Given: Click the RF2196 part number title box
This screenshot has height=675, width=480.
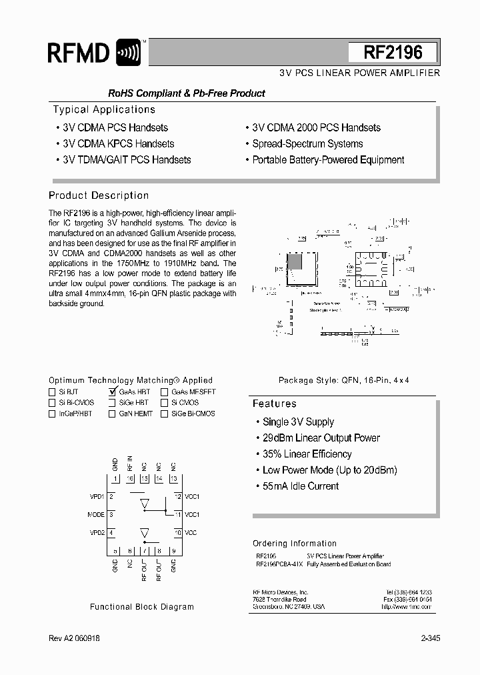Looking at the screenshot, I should click(393, 53).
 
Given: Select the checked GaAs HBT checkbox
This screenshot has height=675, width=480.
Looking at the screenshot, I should click(112, 392).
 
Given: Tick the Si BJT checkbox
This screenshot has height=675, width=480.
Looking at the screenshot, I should click(52, 392).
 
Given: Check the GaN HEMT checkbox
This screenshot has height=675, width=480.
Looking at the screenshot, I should click(112, 414).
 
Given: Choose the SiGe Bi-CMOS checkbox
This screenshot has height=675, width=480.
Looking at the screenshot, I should click(164, 414).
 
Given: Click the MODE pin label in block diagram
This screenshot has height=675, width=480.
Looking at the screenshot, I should click(96, 515).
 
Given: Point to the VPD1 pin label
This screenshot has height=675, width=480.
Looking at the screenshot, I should click(96, 497).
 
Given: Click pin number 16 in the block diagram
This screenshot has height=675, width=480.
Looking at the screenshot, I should click(130, 479).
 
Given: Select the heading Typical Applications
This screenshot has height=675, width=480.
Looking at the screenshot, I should click(104, 109).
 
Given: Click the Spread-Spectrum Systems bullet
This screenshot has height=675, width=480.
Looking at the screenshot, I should click(307, 143).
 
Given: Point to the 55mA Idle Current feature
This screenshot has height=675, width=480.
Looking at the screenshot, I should click(301, 486).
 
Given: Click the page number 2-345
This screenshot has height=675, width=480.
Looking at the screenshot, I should click(430, 638).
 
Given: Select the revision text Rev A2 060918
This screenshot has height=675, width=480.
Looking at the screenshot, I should click(75, 638).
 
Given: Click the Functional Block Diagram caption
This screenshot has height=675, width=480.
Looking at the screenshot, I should click(142, 607).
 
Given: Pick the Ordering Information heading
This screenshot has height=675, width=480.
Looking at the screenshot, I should click(295, 543).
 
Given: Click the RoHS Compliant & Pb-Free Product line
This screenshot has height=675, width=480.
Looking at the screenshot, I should click(187, 93).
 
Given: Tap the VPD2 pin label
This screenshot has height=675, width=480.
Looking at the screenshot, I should click(96, 532).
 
